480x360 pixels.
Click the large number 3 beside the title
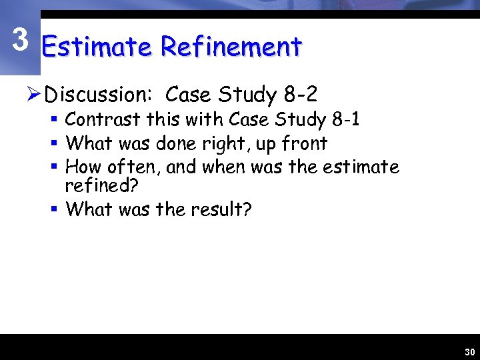[21, 41]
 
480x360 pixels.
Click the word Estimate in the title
[97, 47]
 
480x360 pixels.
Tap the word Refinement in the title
[231, 47]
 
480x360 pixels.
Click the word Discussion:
[99, 95]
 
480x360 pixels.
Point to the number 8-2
[299, 95]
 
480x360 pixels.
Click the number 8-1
[345, 120]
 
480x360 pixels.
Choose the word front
[303, 143]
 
